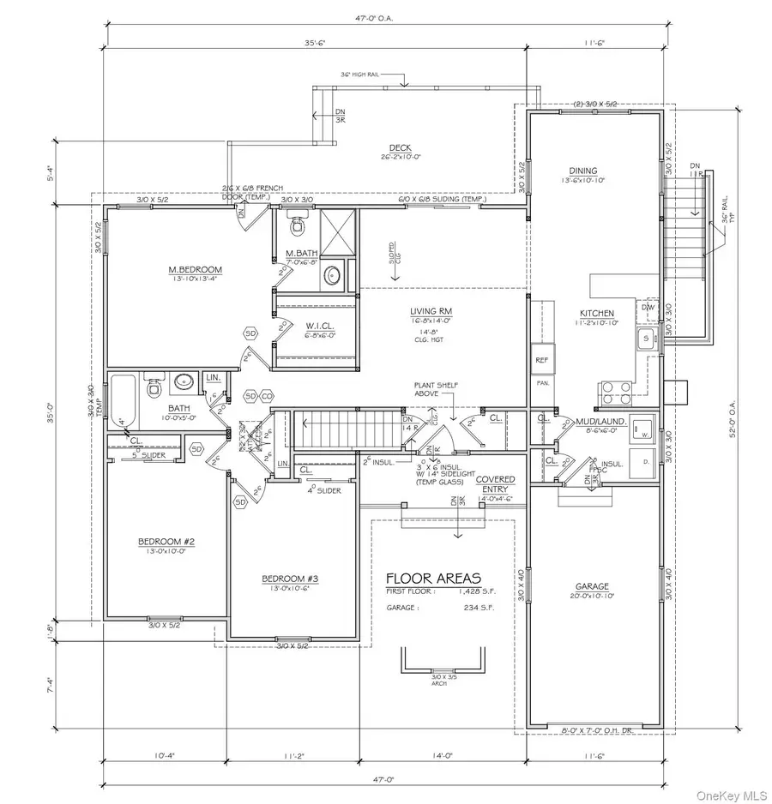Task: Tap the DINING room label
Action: [x=582, y=171]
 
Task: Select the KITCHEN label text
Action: [x=596, y=314]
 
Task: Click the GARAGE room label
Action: [x=592, y=587]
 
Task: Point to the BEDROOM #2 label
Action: [x=166, y=541]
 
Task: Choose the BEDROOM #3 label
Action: [x=290, y=579]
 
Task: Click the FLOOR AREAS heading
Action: [x=433, y=578]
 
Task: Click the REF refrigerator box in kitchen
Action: [x=541, y=360]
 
